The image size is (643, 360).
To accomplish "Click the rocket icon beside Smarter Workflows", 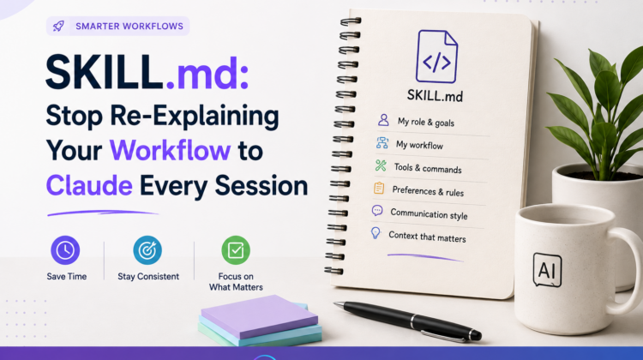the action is click(58, 27).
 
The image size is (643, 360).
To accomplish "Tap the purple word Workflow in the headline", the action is click(170, 151).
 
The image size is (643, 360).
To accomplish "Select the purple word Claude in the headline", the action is click(89, 185).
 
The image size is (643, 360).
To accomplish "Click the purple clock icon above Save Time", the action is click(65, 250).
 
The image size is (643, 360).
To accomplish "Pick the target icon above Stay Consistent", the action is click(147, 250).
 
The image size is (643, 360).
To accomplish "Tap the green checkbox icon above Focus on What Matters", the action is click(236, 250).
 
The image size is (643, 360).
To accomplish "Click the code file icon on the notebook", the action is click(436, 57).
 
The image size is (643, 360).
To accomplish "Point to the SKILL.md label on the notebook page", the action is click(435, 95).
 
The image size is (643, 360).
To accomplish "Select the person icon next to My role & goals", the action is click(383, 120).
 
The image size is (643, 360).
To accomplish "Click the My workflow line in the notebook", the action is click(419, 145).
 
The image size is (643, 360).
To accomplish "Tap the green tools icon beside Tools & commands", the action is click(381, 165).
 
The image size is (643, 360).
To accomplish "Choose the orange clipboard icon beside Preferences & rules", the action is click(379, 188).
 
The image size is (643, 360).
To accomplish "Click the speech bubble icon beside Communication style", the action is click(377, 211).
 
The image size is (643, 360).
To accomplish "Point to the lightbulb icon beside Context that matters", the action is click(376, 233).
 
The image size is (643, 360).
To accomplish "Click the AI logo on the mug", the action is click(548, 270).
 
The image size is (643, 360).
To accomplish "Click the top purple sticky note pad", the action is click(259, 316).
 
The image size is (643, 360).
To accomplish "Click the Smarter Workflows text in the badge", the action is click(129, 27).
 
